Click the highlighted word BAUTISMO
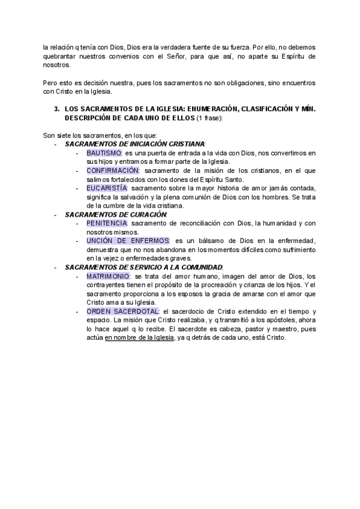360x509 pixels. tap(104, 154)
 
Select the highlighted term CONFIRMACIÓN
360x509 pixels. tap(113, 170)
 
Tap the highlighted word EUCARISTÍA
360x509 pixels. tap(107, 188)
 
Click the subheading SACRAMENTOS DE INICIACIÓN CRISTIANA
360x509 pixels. tap(134, 145)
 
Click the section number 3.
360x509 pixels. tap(56, 110)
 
